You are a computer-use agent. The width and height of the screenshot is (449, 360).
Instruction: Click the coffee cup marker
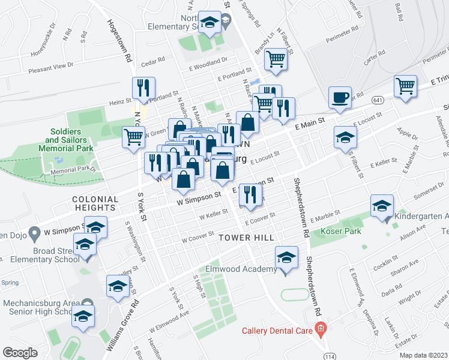click(x=340, y=97)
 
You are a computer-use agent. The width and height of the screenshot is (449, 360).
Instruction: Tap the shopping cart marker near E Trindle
click(x=406, y=86)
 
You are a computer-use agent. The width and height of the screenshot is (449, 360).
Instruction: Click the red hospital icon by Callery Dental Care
click(x=321, y=328)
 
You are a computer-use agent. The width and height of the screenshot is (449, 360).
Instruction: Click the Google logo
click(x=20, y=352)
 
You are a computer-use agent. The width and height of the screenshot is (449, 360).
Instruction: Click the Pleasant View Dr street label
click(x=53, y=68)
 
